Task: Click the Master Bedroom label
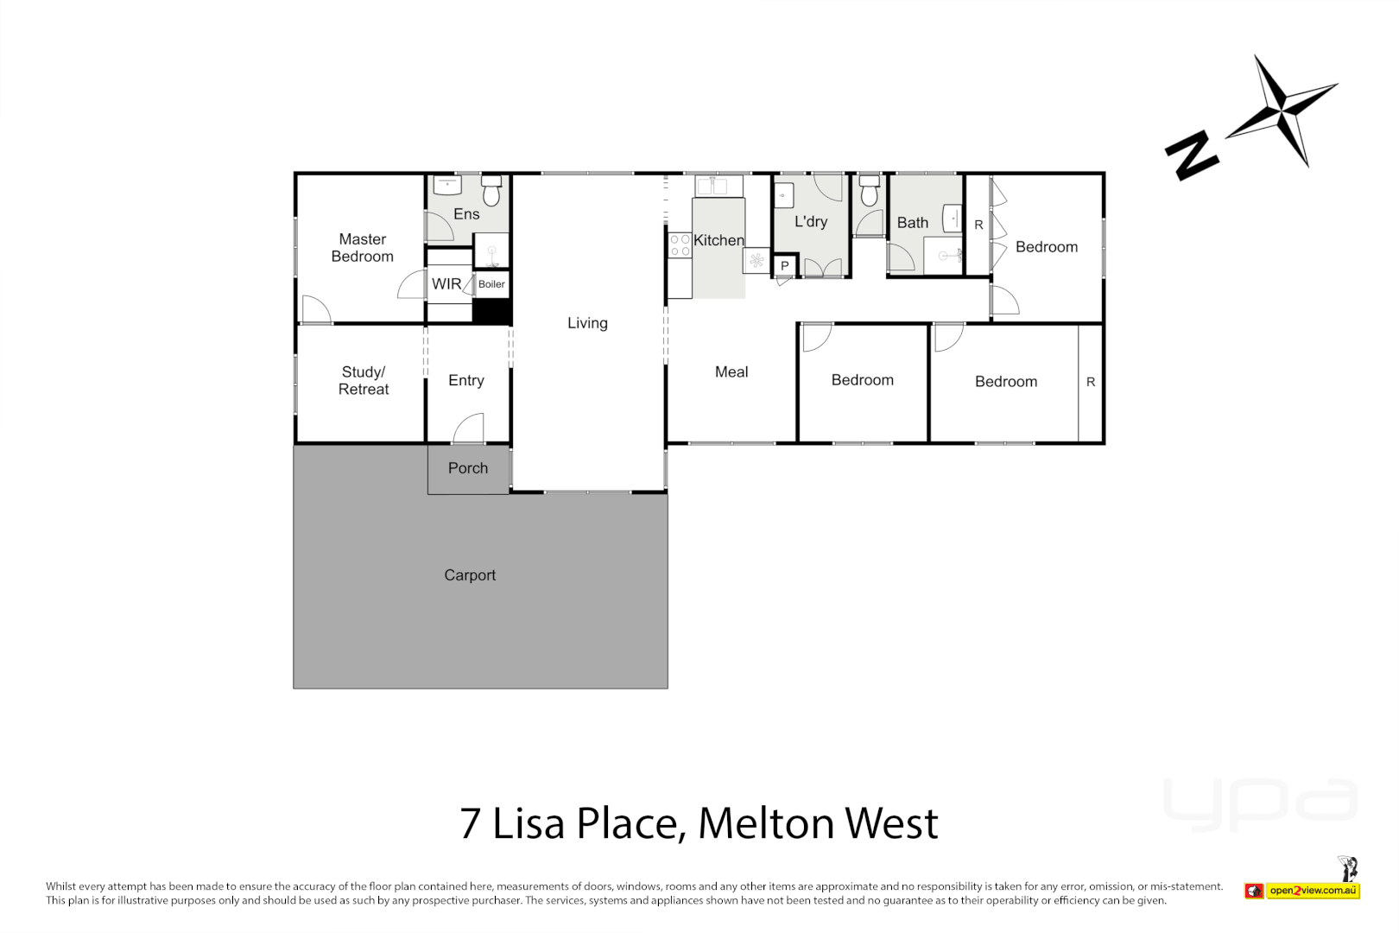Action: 362,248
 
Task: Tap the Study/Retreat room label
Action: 364,381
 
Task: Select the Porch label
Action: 468,468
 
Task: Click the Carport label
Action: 470,575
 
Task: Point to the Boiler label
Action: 491,284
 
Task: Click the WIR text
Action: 446,284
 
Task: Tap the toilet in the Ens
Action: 491,192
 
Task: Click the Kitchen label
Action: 718,240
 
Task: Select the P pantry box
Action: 785,266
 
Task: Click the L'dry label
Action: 811,222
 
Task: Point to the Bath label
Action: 912,223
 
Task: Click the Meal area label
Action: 731,372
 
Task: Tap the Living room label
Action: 587,323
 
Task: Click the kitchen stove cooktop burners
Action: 680,245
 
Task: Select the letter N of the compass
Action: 1191,155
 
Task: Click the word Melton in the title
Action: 767,823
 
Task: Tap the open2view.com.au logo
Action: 1312,891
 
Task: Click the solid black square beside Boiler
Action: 492,312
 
